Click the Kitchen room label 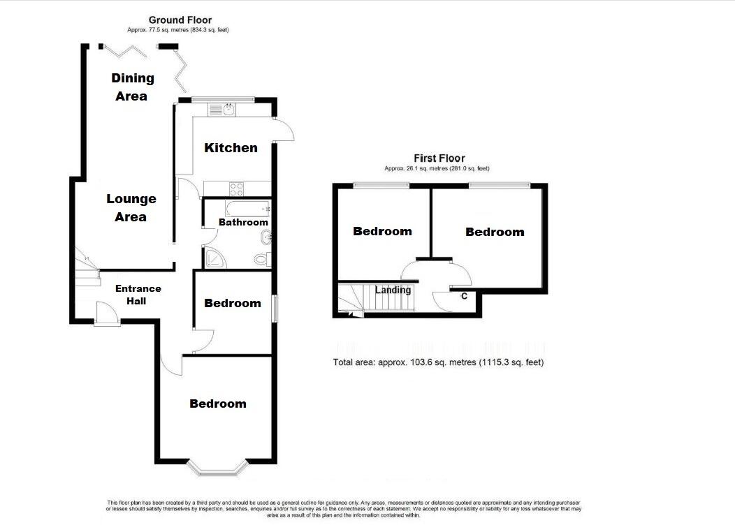click(231, 148)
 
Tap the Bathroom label click(243, 222)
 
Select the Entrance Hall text click(138, 295)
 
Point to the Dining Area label click(132, 87)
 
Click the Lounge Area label click(131, 207)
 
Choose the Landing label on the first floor click(393, 290)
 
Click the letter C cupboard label click(464, 296)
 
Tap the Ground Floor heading click(180, 20)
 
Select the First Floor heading click(439, 158)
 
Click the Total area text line click(438, 362)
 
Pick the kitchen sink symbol click(222, 110)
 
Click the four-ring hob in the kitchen click(236, 189)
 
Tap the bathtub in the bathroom click(248, 208)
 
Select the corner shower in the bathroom click(214, 258)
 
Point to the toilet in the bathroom click(263, 259)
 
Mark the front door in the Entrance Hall click(107, 313)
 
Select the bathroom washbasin click(266, 237)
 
